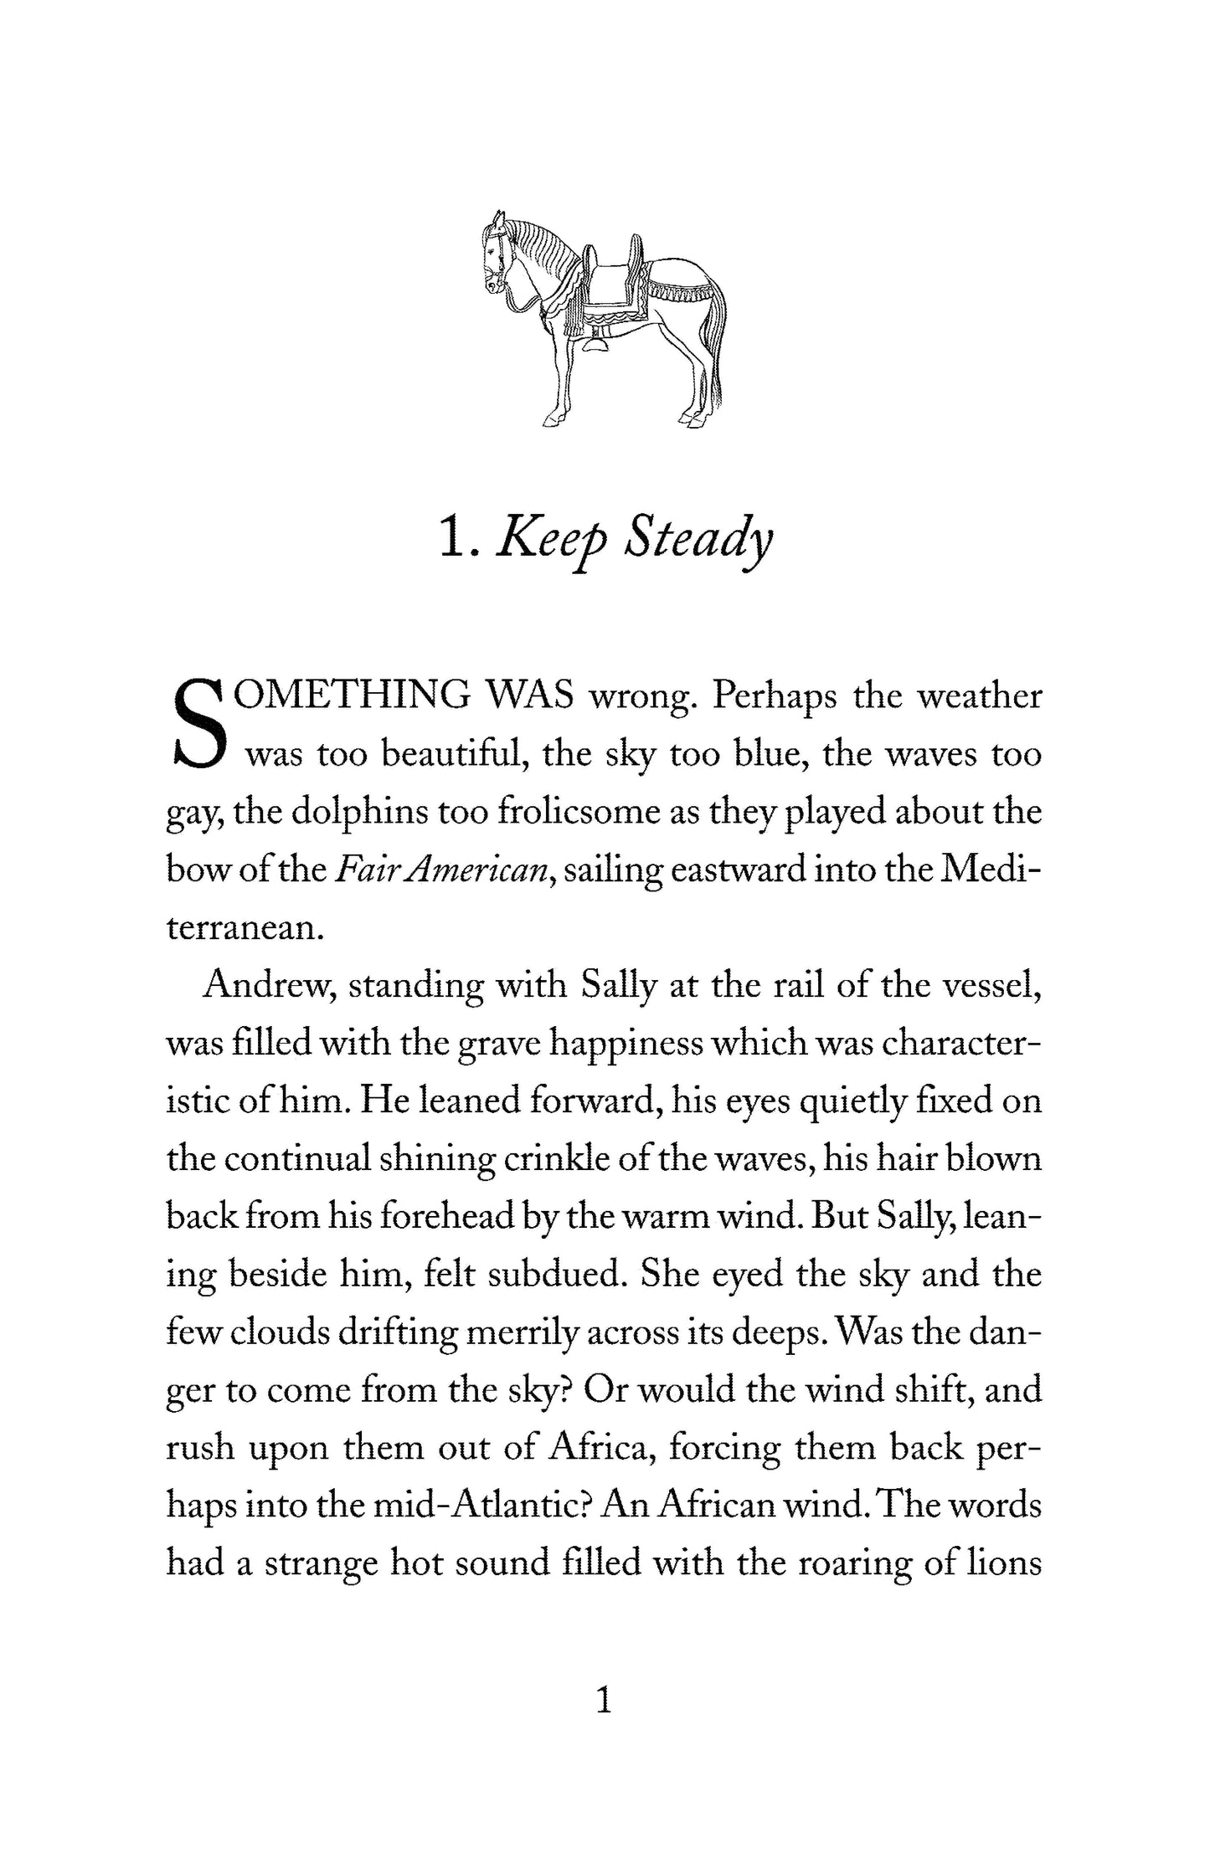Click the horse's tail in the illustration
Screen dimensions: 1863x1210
716,352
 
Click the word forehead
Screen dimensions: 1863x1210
447,1217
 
